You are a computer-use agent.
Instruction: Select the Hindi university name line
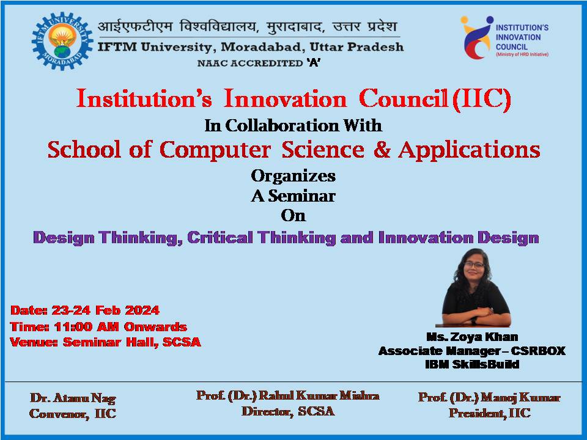tap(247, 27)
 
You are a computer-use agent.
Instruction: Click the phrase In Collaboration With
tap(293, 126)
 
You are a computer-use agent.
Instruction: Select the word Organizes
tap(293, 176)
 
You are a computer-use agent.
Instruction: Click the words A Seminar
tap(293, 196)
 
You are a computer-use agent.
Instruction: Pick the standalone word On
tap(293, 216)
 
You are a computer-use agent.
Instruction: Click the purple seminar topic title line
tap(286, 237)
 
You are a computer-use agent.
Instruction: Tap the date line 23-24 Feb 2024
tap(85, 310)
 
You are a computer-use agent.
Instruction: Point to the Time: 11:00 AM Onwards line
tap(98, 327)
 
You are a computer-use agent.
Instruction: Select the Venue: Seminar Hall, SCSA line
tap(105, 342)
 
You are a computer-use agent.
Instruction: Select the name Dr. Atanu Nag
tap(73, 398)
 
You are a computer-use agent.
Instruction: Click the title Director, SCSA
tap(288, 411)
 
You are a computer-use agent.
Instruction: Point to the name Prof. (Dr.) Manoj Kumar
tap(489, 398)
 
